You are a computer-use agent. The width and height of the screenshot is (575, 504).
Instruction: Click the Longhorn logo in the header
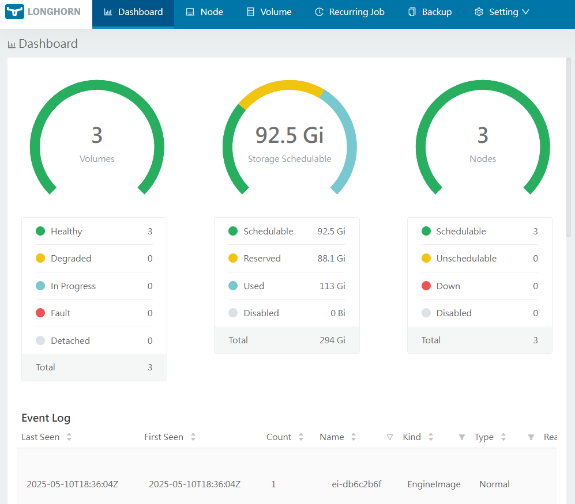(43, 12)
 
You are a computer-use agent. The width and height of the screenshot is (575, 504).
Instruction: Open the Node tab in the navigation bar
(205, 12)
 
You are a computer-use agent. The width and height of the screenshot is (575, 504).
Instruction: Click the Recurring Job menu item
(349, 12)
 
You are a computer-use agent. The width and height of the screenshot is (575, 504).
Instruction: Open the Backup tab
(430, 12)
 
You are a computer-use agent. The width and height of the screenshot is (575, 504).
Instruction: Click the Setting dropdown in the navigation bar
(502, 12)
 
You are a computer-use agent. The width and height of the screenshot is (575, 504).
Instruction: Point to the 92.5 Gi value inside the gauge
(290, 135)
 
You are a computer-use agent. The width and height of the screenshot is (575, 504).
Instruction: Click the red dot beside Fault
(40, 313)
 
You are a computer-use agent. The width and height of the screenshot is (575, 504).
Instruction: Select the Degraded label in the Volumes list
(71, 259)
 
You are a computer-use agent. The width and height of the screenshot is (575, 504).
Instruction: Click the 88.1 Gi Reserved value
(331, 259)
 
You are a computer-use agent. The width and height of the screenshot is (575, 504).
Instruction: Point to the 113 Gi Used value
(332, 286)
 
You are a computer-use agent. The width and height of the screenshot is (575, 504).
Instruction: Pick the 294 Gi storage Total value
(332, 340)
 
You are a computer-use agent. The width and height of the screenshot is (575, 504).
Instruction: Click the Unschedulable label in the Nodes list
(466, 259)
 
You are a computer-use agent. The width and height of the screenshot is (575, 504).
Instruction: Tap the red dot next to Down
(426, 286)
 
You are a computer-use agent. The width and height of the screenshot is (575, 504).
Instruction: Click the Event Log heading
(46, 418)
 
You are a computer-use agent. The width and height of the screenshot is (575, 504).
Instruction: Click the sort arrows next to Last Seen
(69, 437)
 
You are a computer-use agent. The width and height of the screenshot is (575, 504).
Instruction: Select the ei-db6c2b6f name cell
(352, 484)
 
